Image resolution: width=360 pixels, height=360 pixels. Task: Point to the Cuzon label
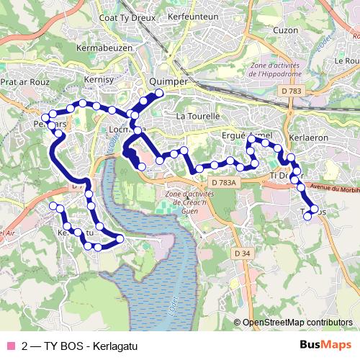click(285, 30)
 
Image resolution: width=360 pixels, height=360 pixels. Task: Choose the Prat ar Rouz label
click(24, 82)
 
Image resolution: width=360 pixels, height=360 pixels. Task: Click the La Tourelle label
click(196, 116)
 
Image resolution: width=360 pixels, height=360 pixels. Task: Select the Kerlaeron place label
click(307, 137)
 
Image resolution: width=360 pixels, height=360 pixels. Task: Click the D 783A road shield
click(224, 183)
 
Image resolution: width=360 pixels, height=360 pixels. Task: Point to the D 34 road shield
click(242, 253)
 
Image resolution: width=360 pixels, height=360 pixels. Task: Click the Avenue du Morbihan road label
click(331, 189)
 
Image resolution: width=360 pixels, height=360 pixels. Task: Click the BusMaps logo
click(325, 345)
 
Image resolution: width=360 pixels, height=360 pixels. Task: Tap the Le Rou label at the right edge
click(346, 61)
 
